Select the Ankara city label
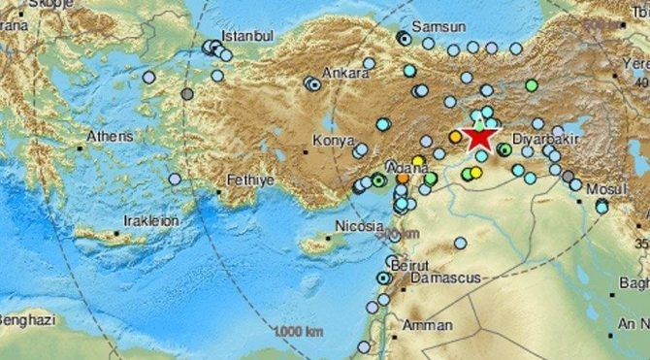348,73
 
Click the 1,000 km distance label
298,332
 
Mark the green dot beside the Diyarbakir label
504,149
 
